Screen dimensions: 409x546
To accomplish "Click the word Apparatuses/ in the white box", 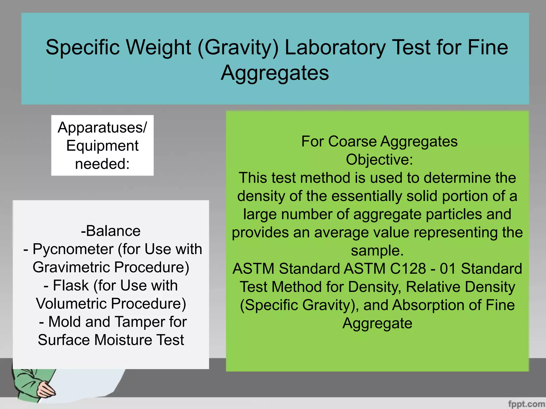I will (x=102, y=128).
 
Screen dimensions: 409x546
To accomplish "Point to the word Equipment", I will (x=102, y=146).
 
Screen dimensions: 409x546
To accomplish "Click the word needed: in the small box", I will (x=102, y=164).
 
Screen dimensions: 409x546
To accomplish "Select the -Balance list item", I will (x=111, y=231).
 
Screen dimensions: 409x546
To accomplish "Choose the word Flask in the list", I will (x=71, y=285).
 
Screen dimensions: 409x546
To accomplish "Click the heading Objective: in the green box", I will (x=379, y=160).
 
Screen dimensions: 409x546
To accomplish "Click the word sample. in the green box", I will (x=377, y=251).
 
